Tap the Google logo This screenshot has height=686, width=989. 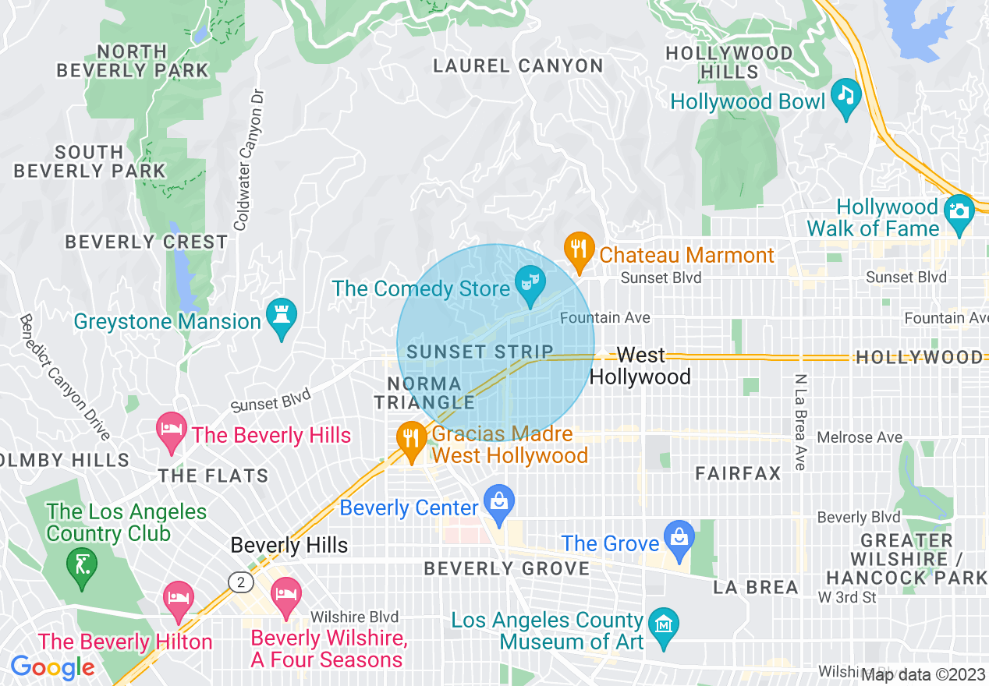52,667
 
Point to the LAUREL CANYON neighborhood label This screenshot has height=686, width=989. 518,66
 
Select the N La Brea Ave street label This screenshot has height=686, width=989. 800,422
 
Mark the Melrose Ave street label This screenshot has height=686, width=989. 859,438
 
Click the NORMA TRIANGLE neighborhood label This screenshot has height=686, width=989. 425,393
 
